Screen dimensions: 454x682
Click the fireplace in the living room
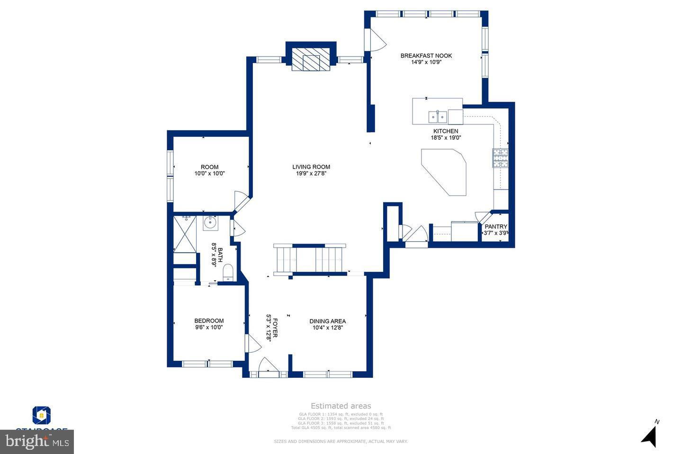(311, 59)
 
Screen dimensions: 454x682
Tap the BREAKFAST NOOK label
(426, 56)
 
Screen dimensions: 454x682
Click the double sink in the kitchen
(438, 116)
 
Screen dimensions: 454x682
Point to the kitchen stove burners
(500, 158)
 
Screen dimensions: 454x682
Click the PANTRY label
(496, 227)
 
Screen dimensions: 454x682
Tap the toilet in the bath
(228, 272)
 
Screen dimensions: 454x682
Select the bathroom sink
(210, 223)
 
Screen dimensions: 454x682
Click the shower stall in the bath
(185, 234)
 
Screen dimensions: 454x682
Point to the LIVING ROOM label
(311, 167)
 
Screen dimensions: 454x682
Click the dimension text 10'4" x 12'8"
(327, 328)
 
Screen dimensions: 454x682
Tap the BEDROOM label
(209, 321)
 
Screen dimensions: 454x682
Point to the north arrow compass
(650, 435)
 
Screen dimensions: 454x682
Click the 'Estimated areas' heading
(341, 406)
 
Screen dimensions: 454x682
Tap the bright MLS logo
(36, 442)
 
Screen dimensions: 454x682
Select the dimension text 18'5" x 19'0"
(446, 138)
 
